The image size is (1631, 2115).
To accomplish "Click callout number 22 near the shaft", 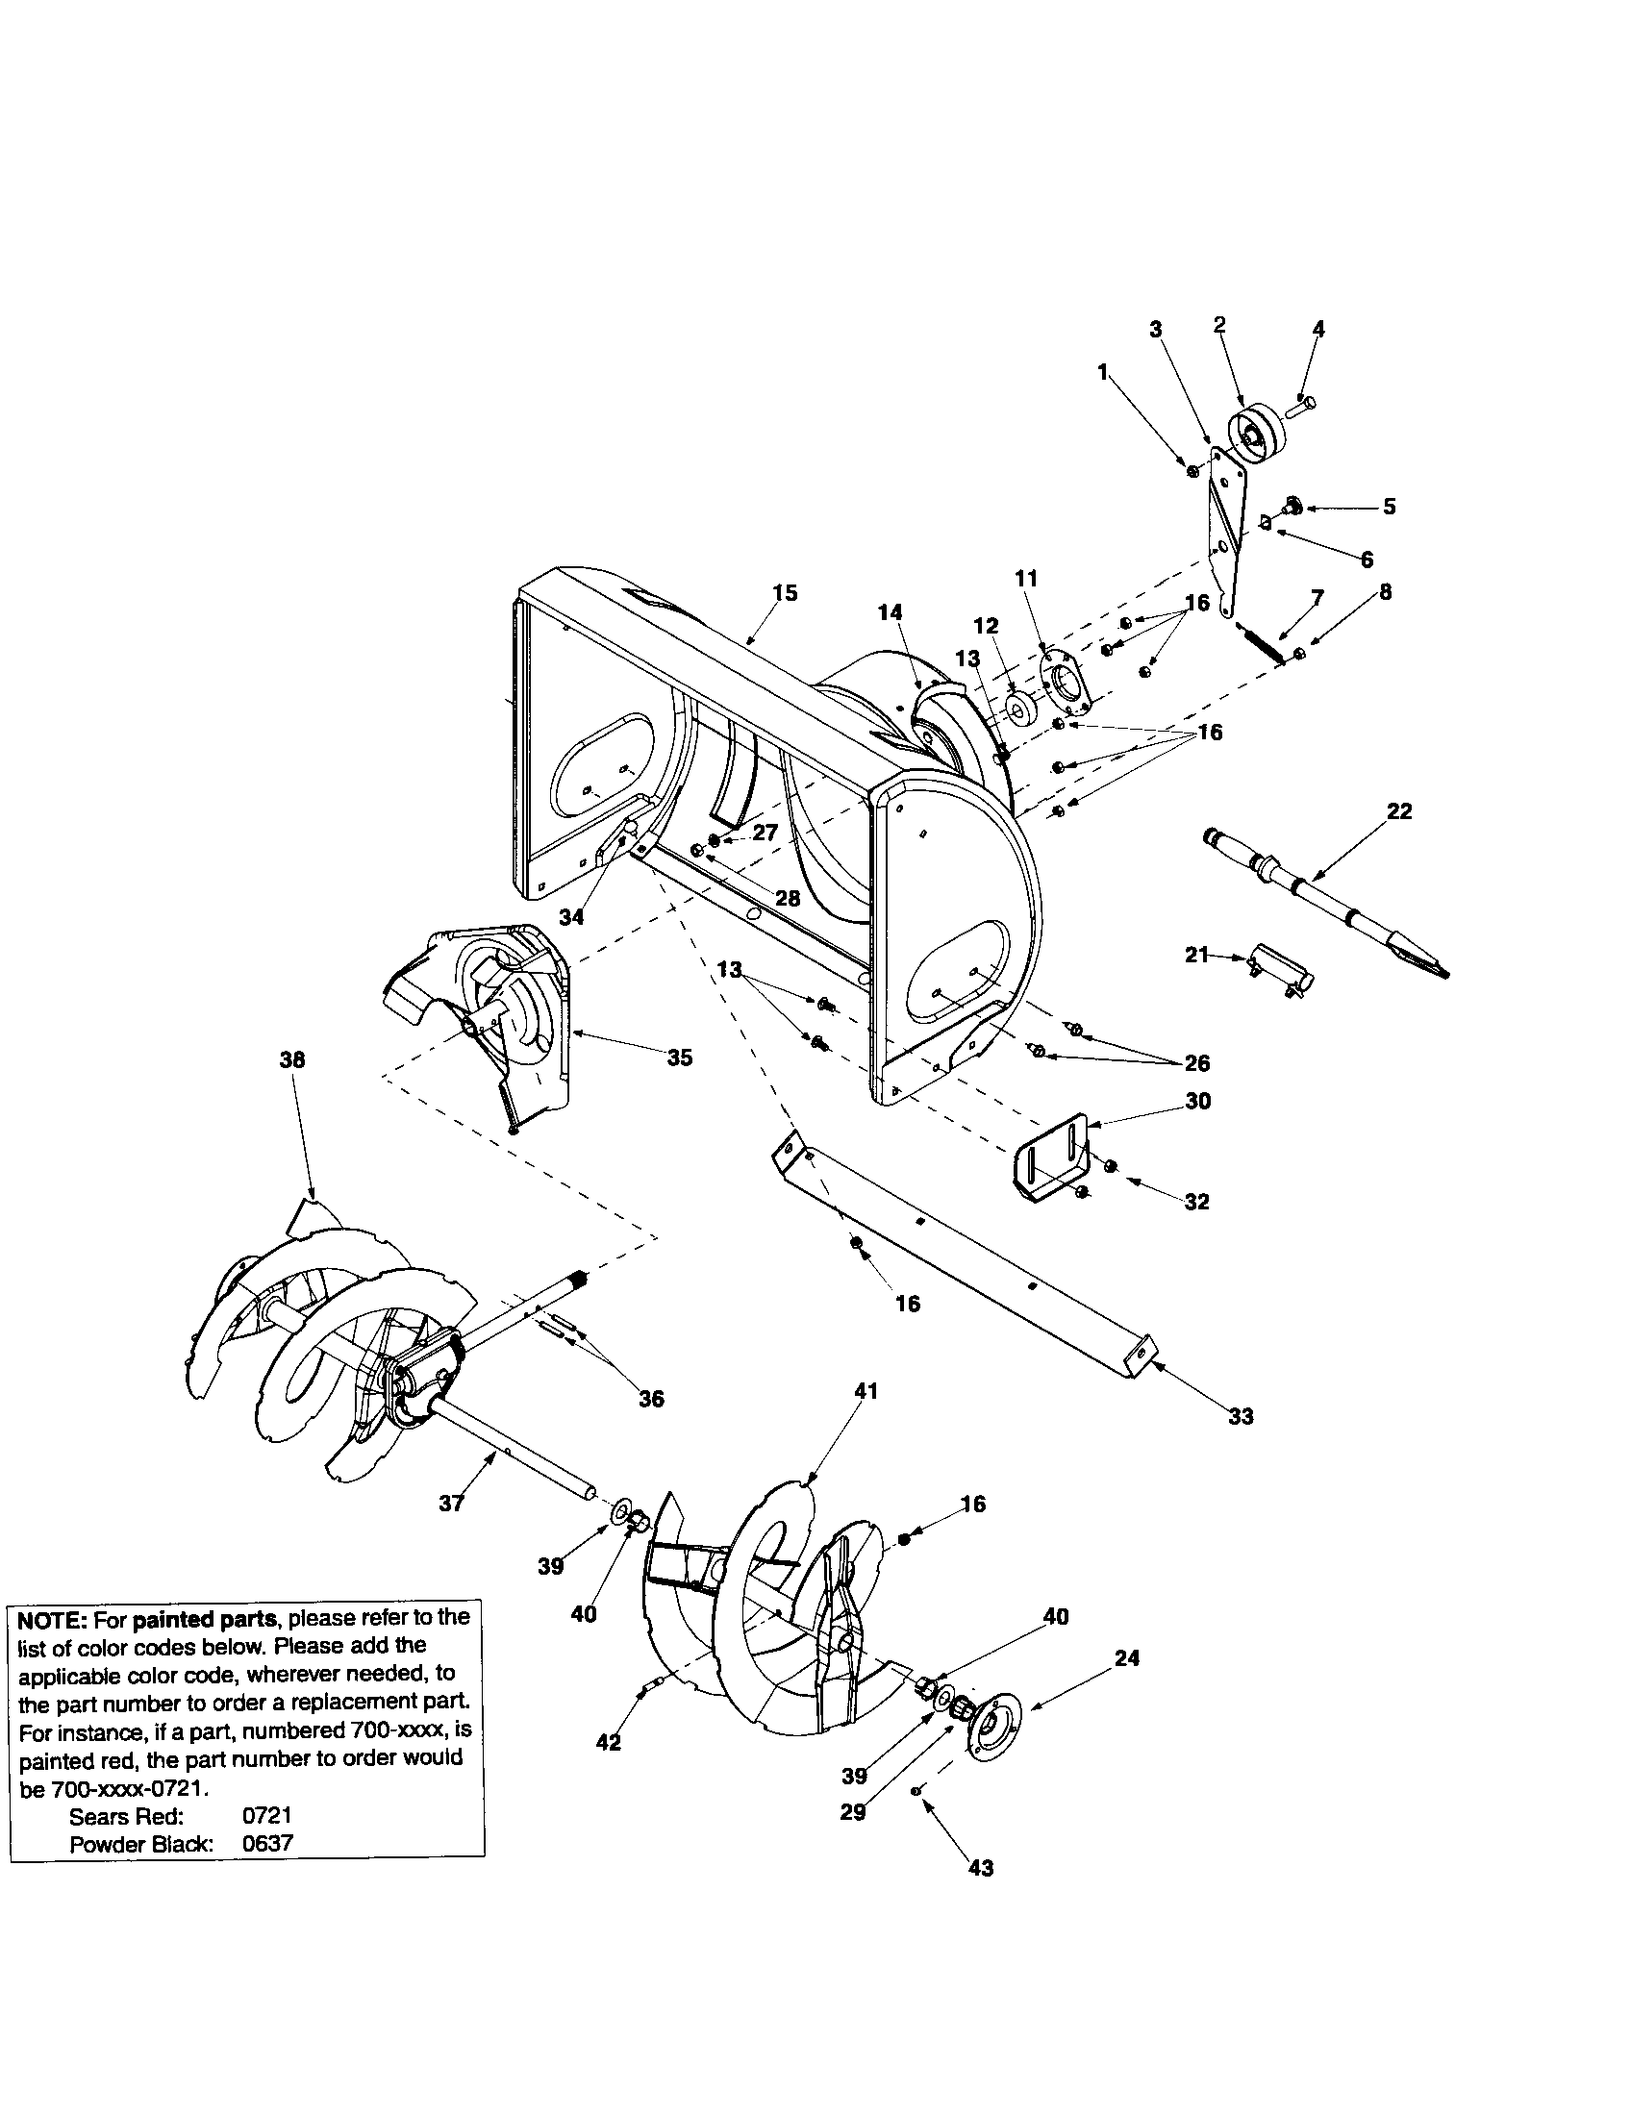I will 1399,811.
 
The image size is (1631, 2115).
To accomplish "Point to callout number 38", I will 291,1059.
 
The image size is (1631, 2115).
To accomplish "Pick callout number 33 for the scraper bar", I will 1241,1417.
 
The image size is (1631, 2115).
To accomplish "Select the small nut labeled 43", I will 916,1792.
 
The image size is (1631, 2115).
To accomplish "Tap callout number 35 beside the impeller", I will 680,1057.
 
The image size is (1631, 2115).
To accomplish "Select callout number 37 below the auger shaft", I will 451,1503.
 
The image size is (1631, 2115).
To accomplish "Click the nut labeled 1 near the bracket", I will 1193,471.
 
